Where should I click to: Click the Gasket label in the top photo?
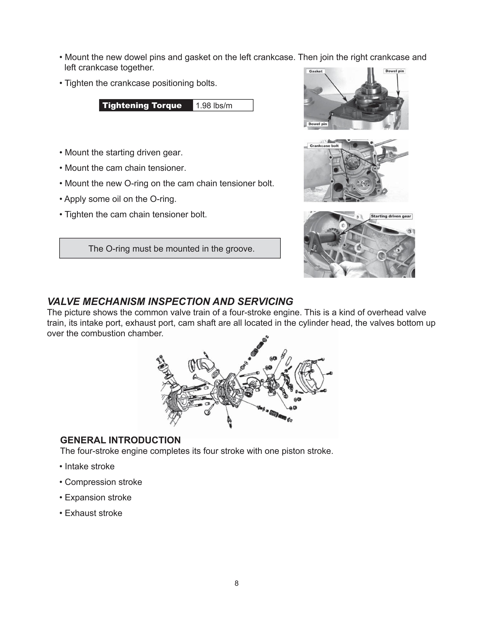pos(316,71)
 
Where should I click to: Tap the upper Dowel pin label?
pos(395,71)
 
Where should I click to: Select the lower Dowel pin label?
pos(318,124)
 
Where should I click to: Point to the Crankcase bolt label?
pos(324,146)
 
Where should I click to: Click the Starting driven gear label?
pos(391,216)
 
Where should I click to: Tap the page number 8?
pos(236,583)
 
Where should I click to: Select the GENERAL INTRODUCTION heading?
pos(120,440)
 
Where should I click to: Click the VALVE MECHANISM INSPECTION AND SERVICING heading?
pos(170,302)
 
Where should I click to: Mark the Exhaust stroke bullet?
pos(93,513)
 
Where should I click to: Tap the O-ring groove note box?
pos(170,248)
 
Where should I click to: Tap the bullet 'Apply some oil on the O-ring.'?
pos(120,199)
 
